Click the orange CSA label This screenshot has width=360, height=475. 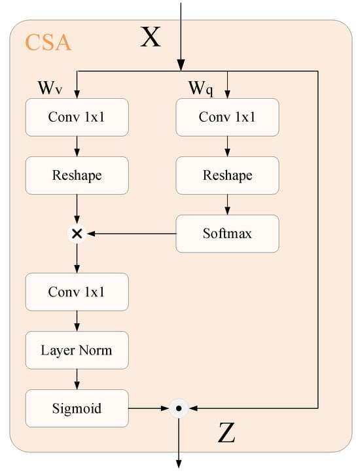point(48,43)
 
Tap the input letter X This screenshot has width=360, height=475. point(151,38)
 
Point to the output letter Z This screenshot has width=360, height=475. point(226,434)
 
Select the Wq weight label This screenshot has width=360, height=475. point(200,88)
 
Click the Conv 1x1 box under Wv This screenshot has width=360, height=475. point(77,118)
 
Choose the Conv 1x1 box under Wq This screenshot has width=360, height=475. point(227,118)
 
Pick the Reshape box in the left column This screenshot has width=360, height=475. point(77,175)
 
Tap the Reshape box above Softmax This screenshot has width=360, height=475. point(227,175)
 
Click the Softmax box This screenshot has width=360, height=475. point(227,233)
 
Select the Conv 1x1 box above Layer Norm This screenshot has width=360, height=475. point(77,291)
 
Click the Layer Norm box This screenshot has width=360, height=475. point(77,349)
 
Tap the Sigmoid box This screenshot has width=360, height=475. point(77,408)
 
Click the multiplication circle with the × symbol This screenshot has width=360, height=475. point(77,233)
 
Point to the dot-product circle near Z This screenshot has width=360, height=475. point(179,408)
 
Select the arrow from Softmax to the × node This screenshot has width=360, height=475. point(131,233)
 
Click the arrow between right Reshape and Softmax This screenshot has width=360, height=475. point(227,204)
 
